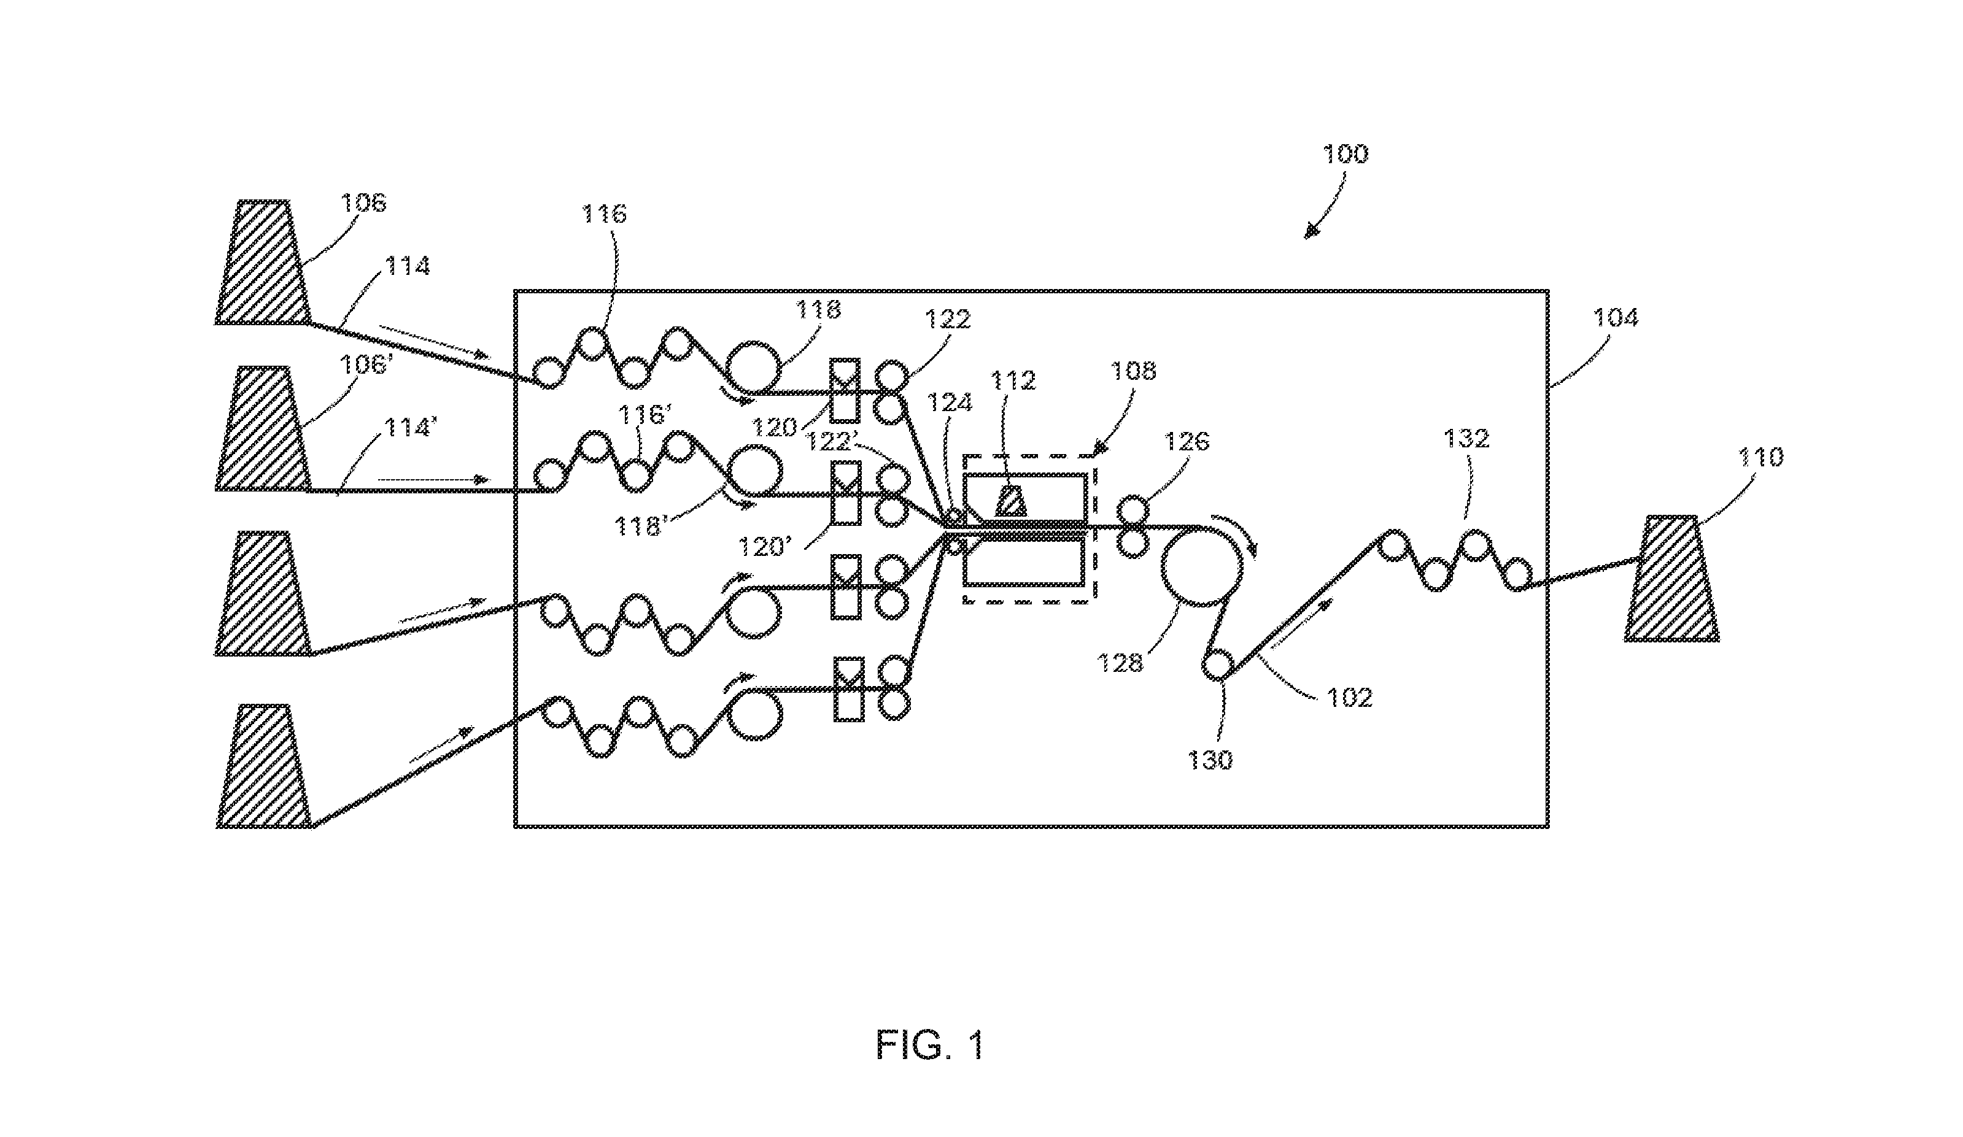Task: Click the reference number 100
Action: click(1345, 154)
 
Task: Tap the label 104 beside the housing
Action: click(1616, 318)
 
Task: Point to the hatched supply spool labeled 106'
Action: click(263, 428)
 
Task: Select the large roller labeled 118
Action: click(753, 368)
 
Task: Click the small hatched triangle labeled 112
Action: click(1012, 501)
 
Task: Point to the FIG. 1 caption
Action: click(930, 1044)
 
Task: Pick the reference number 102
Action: click(1349, 698)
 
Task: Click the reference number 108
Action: click(1133, 371)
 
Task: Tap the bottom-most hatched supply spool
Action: click(263, 766)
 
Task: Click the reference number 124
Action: click(950, 403)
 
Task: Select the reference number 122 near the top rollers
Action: click(947, 319)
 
